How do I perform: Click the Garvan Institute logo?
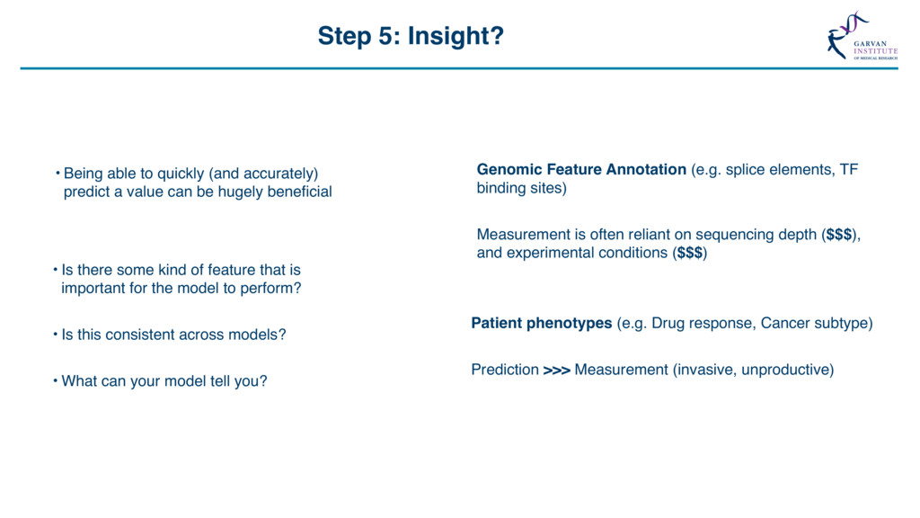(862, 35)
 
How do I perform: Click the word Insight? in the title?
(456, 36)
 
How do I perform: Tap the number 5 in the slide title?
(385, 36)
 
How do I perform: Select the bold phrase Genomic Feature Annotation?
(581, 169)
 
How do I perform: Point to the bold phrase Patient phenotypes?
(542, 323)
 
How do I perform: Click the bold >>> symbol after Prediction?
(557, 370)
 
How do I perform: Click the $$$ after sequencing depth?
(839, 235)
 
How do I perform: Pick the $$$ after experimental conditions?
(690, 253)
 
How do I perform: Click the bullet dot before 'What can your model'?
(55, 380)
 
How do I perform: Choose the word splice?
(745, 170)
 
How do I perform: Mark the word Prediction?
(505, 370)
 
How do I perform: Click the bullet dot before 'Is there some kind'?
(55, 270)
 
